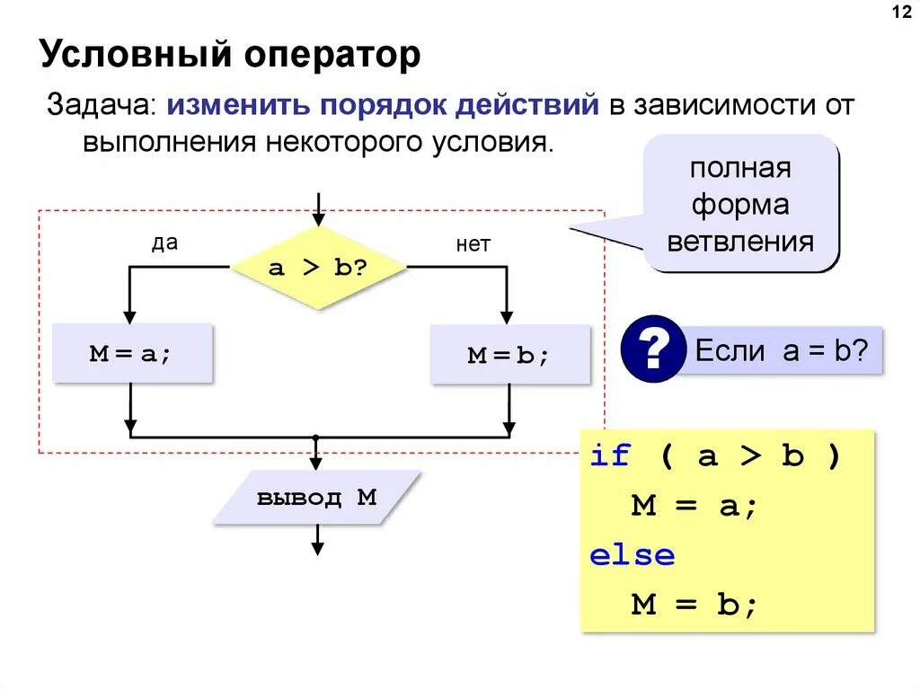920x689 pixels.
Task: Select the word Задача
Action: tap(101, 105)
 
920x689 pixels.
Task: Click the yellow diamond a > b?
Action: tap(318, 268)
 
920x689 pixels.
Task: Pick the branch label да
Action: tap(164, 243)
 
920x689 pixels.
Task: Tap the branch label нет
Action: tap(473, 244)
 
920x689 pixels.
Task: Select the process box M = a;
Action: tap(131, 353)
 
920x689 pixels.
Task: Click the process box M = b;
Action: tap(509, 355)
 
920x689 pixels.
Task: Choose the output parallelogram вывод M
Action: tap(316, 497)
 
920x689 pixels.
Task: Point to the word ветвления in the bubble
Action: tap(752, 242)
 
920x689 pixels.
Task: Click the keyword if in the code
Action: tap(611, 456)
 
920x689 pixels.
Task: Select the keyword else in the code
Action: tap(632, 555)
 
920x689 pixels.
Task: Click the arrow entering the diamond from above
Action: tap(317, 208)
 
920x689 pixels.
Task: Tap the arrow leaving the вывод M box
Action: tap(317, 541)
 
